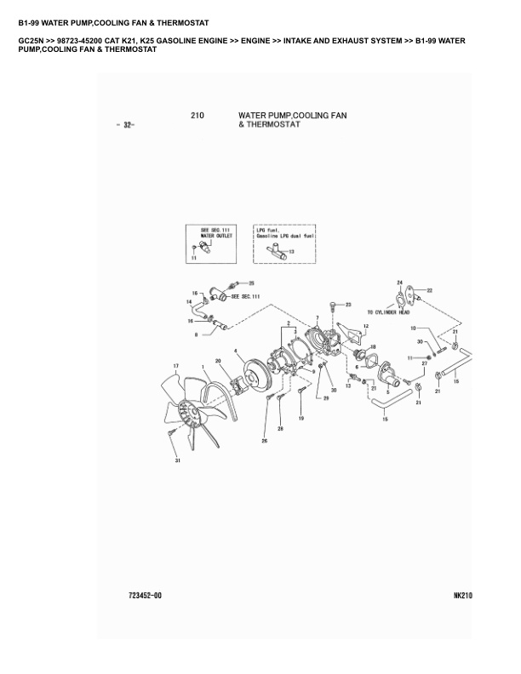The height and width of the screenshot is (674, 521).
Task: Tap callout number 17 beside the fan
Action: click(x=176, y=368)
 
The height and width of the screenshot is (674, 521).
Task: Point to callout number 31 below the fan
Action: click(x=178, y=461)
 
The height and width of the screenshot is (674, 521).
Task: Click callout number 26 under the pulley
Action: click(x=265, y=440)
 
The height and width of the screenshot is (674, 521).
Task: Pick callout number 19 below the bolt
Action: click(x=301, y=419)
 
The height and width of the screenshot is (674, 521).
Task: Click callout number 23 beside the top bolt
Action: click(x=348, y=304)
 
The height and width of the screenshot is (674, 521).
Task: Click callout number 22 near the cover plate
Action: click(x=430, y=290)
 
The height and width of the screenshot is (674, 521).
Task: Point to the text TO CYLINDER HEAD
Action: click(x=392, y=311)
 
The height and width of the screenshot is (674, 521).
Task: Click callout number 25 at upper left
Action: click(x=251, y=283)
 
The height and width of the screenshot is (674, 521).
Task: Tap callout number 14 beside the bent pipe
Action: click(x=190, y=302)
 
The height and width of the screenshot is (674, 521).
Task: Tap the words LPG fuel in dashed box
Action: click(x=268, y=230)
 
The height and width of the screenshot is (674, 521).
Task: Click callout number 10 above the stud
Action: click(x=413, y=328)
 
